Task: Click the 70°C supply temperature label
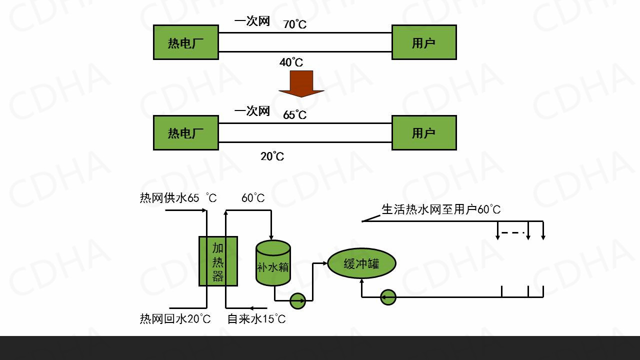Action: coord(294,24)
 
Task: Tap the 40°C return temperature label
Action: coord(291,62)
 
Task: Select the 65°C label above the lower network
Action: coord(294,115)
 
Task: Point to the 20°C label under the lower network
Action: coord(272,156)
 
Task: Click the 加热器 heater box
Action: coord(218,261)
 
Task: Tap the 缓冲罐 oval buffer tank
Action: coord(361,263)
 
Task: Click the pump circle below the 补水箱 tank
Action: coord(297,300)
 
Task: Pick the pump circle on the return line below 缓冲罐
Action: coord(388,297)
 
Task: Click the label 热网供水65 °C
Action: coord(178,198)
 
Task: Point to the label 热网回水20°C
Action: coord(175,319)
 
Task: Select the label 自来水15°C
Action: coord(256,319)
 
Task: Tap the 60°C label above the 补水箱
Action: coord(253,198)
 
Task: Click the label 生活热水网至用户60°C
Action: coord(440,209)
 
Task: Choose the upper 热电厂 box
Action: coord(185,42)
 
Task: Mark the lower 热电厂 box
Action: coord(185,133)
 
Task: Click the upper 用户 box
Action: coord(423,42)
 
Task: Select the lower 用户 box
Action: coord(423,133)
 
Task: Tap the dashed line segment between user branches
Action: coord(512,232)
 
